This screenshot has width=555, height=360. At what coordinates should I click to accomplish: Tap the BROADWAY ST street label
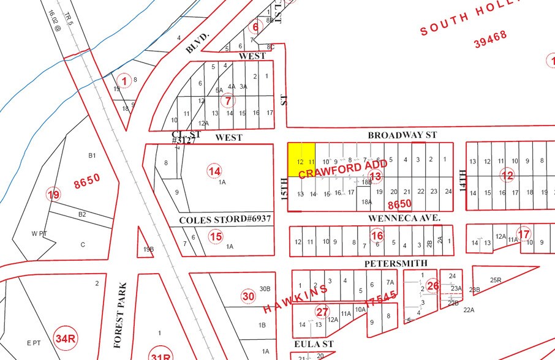[402, 135]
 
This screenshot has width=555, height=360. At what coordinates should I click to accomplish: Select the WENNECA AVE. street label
[404, 217]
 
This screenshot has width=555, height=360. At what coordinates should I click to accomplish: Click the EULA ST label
[313, 345]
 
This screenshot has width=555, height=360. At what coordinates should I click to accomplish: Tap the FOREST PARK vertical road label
[123, 306]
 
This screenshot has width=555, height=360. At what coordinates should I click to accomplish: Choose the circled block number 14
[214, 171]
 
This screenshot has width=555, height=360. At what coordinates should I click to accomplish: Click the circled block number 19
[54, 195]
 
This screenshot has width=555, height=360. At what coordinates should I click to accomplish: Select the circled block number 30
[247, 297]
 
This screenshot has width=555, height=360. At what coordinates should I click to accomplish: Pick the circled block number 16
[377, 236]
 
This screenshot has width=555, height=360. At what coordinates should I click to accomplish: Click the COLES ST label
[202, 220]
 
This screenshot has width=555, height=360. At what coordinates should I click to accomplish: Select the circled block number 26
[433, 286]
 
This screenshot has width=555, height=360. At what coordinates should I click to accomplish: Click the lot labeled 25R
[496, 280]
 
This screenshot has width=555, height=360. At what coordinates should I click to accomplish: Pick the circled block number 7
[228, 100]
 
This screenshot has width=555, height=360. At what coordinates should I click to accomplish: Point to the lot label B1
[92, 156]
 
